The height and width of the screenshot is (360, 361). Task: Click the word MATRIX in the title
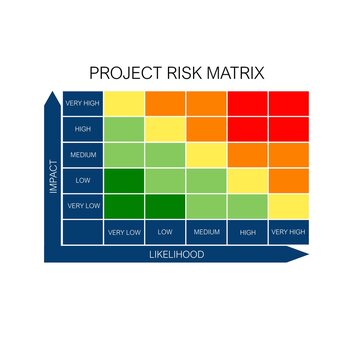239,74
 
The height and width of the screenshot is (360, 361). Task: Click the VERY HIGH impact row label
82,103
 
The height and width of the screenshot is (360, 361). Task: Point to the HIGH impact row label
82,129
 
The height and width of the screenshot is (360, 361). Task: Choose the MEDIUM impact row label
82,154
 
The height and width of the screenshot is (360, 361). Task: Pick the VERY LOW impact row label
82,205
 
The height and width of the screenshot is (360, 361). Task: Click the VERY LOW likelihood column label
124,232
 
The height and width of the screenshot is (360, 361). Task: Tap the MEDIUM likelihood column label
206,232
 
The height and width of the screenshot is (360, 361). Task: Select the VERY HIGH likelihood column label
288,232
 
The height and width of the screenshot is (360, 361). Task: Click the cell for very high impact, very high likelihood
288,103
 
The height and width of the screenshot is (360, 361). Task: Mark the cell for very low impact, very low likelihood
124,205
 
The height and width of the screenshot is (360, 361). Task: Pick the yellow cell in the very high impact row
124,103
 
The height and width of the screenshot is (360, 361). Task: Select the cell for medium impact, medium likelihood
206,154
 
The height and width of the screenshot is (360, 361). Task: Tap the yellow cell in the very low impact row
288,205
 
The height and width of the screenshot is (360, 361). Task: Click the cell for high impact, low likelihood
165,129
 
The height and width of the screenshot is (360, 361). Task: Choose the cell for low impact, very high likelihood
288,180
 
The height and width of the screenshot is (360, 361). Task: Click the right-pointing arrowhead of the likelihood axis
301,255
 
